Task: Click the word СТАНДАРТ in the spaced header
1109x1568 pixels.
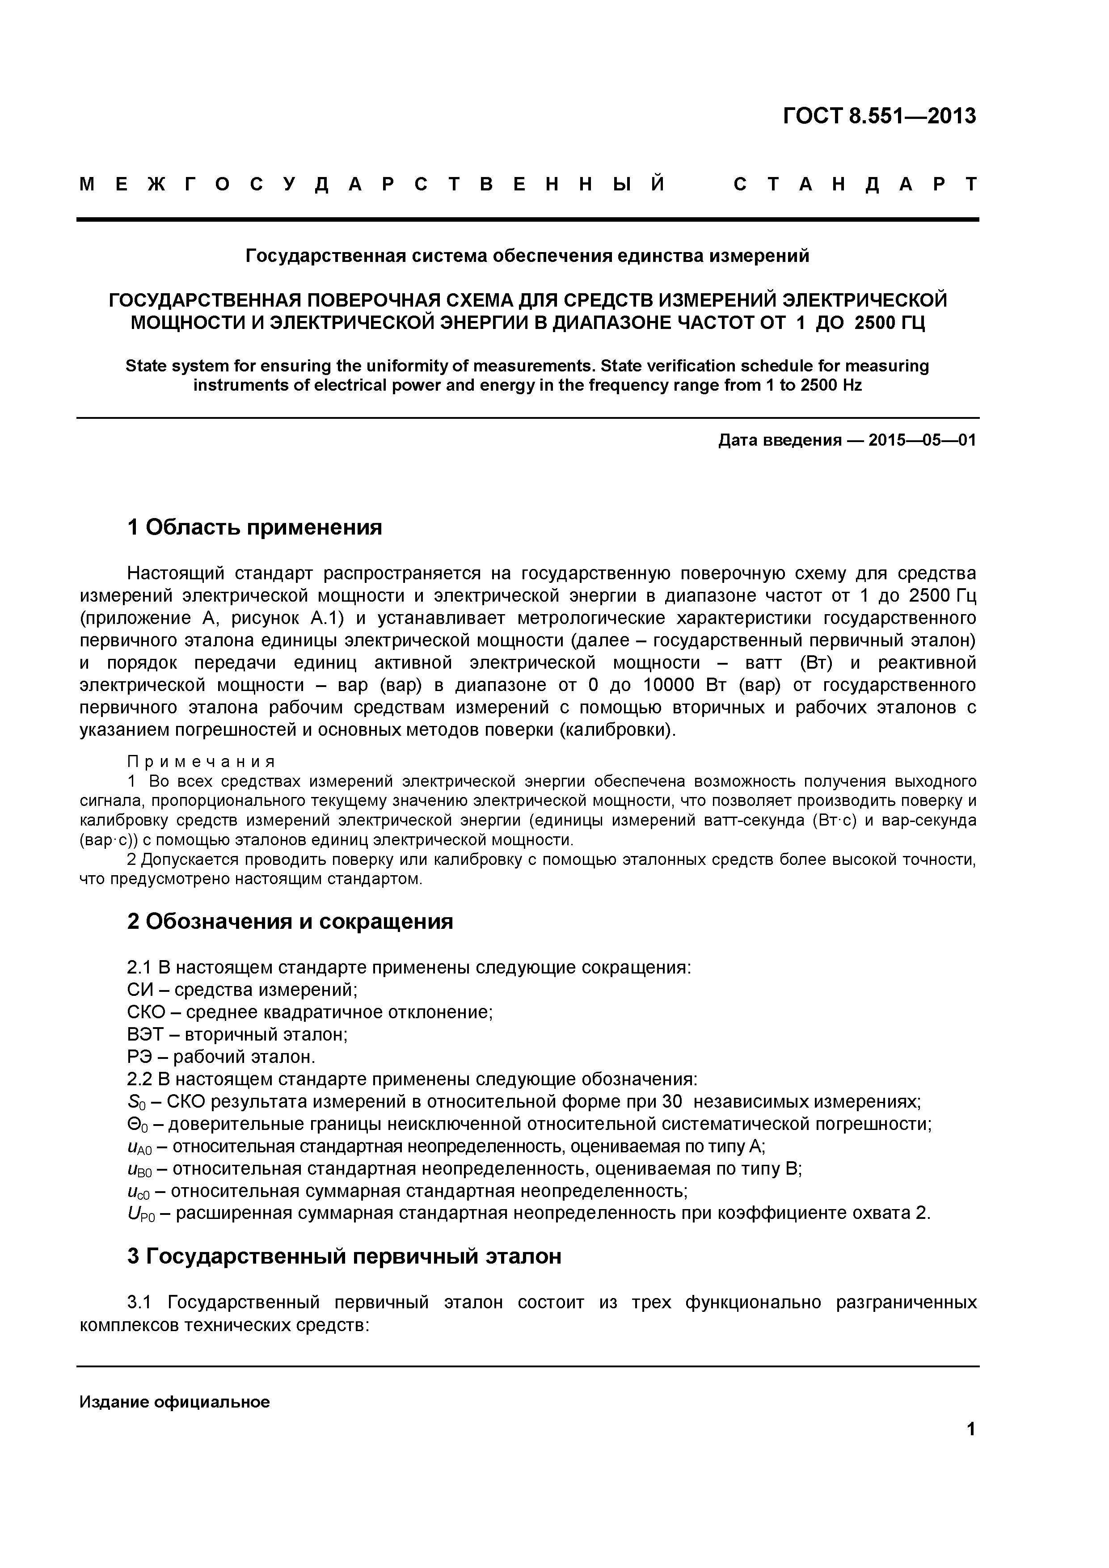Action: point(855,185)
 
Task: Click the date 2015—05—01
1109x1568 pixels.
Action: point(922,440)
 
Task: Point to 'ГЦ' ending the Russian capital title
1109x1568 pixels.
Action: point(912,322)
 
